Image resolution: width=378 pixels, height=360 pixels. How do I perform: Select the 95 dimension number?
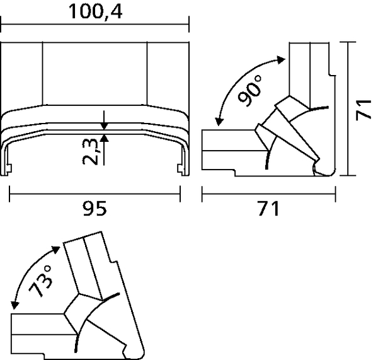[x=96, y=207]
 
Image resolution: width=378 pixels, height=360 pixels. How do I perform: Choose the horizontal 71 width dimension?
[x=267, y=207]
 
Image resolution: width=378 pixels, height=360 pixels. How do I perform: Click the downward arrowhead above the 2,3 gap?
[x=105, y=124]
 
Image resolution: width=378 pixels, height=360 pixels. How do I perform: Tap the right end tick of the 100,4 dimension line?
[x=190, y=26]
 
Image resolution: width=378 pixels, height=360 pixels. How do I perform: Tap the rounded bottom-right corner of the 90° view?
[x=330, y=171]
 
